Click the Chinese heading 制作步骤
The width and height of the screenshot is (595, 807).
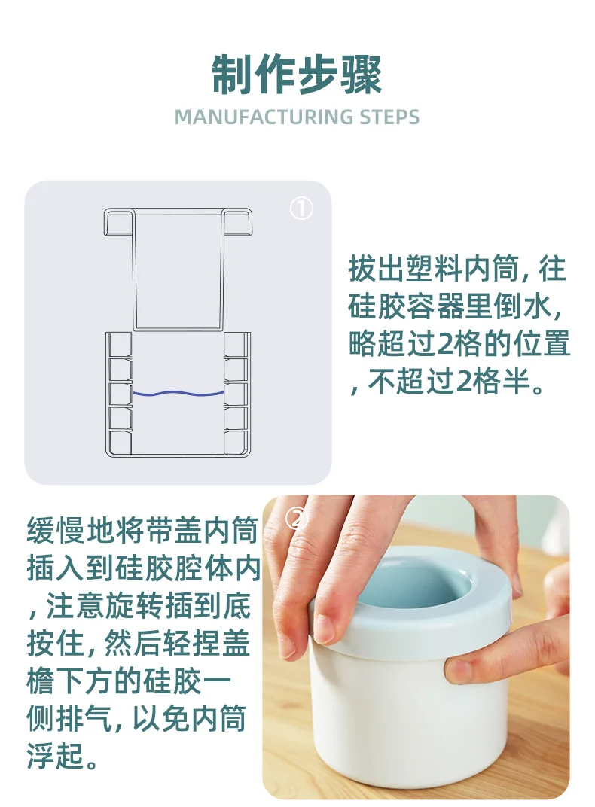coord(297,75)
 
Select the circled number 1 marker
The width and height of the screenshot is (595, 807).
coord(301,209)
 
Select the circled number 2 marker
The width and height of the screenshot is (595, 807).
coord(296,519)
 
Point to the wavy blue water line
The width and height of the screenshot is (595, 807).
coord(178,394)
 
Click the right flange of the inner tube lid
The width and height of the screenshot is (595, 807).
coord(236,222)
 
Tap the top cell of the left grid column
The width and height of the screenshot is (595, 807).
coord(120,345)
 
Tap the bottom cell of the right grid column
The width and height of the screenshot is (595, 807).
coord(236,443)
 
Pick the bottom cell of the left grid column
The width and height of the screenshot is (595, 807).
coord(120,443)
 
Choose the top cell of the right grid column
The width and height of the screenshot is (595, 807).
coord(236,345)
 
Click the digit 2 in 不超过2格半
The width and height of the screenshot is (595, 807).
coord(465,382)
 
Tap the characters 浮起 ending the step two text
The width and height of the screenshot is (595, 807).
coord(56,756)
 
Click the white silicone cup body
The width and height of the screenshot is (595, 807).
coord(407,715)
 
